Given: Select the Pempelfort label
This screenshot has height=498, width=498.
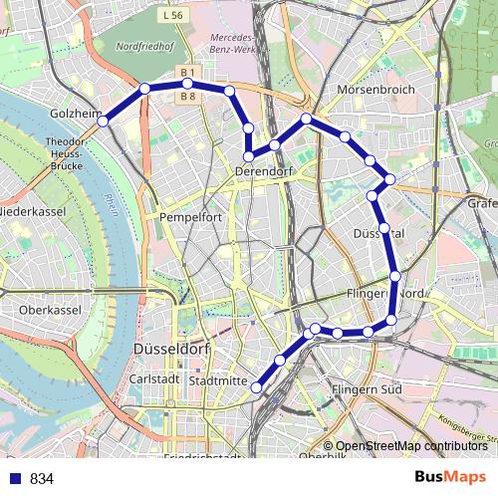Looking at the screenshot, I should tap(187, 215).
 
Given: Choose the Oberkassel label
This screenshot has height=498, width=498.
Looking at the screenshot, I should tap(49, 310).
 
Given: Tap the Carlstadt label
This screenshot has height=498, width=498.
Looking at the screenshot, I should tap(154, 379).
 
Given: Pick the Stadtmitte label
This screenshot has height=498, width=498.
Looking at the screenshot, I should tap(216, 380).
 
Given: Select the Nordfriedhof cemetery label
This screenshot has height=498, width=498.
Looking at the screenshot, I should tap(144, 46).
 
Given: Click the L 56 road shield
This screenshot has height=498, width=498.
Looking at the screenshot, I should tap(173, 16).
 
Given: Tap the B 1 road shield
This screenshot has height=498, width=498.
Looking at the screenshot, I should tap(187, 74).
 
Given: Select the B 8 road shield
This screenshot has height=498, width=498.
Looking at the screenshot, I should tap(187, 97).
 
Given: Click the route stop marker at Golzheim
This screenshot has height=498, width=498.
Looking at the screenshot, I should tap(103, 123).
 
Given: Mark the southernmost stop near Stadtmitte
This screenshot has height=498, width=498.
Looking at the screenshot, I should tap(256, 387).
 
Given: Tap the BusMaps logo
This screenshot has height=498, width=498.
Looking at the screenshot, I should tap(450, 477).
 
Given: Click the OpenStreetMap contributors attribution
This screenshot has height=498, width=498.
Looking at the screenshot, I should tap(411, 445).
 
